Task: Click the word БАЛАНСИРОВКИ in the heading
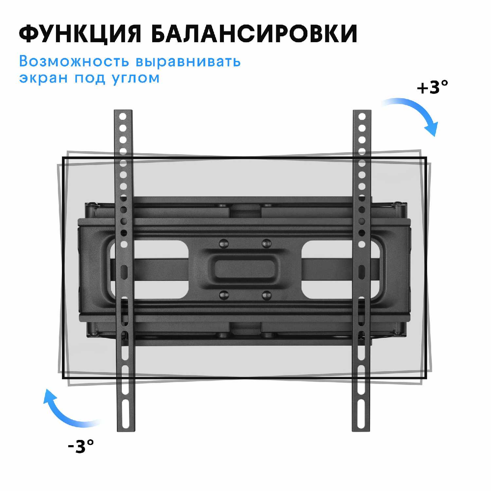(x=254, y=33)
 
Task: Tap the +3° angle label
(x=432, y=87)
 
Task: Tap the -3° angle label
(x=81, y=446)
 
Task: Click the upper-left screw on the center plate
(x=224, y=243)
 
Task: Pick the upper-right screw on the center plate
(x=267, y=243)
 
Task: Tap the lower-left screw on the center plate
(x=224, y=295)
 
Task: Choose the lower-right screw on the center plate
(x=267, y=295)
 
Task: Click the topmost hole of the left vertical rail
(x=123, y=116)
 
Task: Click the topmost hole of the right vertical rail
(x=362, y=116)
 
